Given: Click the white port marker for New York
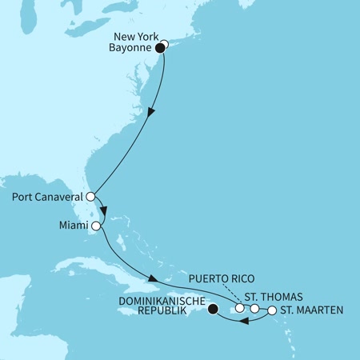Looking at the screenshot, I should click(x=165, y=45).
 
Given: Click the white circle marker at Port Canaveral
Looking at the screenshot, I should click(x=91, y=196).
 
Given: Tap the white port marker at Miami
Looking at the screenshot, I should click(x=96, y=226).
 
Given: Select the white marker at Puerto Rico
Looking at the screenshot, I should click(x=239, y=308).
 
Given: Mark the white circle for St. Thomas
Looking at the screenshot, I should click(x=254, y=308).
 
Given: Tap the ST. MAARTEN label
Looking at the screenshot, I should click(x=308, y=310).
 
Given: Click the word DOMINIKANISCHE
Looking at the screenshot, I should click(x=161, y=303).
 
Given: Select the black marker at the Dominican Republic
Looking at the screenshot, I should click(x=212, y=309).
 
